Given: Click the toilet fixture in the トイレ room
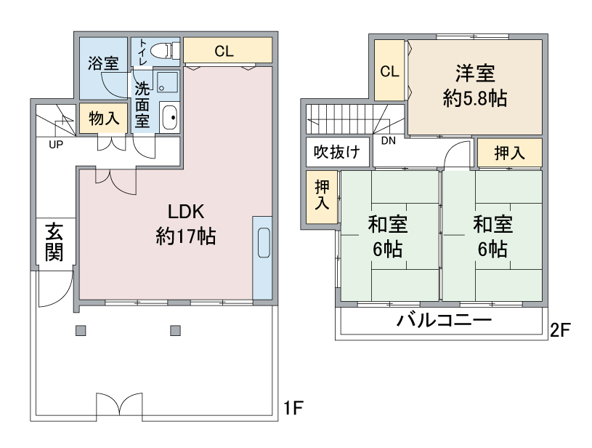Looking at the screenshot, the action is (165, 50).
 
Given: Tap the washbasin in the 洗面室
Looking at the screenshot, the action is (169, 117).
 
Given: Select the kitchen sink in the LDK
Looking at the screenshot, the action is (264, 243).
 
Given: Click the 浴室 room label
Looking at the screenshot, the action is (103, 63).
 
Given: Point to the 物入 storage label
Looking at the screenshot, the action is (104, 119).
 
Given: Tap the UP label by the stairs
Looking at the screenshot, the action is (56, 145).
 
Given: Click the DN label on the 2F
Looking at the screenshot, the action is (388, 140).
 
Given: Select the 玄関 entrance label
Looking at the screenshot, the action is (54, 242).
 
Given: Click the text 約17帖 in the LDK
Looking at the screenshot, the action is (186, 236).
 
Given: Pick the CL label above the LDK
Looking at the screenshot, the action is (224, 51).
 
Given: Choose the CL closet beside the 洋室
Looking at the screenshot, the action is (389, 71).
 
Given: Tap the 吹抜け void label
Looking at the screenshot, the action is (337, 152).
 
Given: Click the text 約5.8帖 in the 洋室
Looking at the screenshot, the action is (475, 99).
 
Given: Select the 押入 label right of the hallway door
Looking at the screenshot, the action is (510, 153).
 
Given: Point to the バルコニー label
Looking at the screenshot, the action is (444, 321).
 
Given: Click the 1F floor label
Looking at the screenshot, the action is (293, 408).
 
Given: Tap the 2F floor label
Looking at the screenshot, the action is (560, 330).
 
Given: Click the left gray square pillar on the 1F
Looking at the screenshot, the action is (81, 331).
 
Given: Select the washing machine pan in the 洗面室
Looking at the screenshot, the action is (167, 82).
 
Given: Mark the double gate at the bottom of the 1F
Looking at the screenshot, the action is (120, 407).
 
